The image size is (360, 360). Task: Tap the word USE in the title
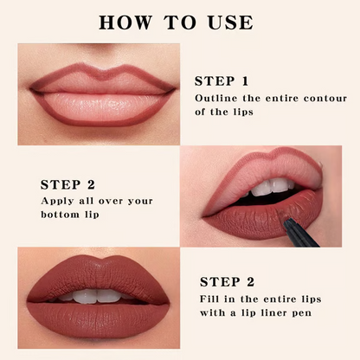tap(227, 22)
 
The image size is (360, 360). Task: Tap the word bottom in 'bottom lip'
tap(63, 214)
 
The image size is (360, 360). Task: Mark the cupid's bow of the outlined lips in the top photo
tap(102, 74)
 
